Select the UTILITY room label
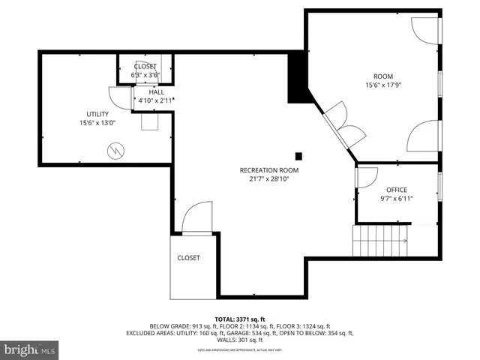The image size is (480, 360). pyautogui.click(x=98, y=114)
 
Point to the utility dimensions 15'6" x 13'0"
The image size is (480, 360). pyautogui.click(x=98, y=123)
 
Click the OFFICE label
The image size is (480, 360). pyautogui.click(x=397, y=190)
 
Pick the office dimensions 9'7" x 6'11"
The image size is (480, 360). pyautogui.click(x=397, y=199)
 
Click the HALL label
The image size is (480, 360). pyautogui.click(x=156, y=92)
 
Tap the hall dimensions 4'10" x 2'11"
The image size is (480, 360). pyautogui.click(x=156, y=100)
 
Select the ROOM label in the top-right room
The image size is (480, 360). pyautogui.click(x=383, y=76)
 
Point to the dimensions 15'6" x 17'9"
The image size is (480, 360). pyautogui.click(x=383, y=85)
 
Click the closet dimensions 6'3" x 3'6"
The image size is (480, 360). pyautogui.click(x=145, y=75)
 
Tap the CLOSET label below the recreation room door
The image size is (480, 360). pyautogui.click(x=188, y=258)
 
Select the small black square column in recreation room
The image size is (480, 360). pyautogui.click(x=298, y=156)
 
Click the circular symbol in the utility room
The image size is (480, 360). pyautogui.click(x=115, y=150)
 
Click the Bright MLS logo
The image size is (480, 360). pyautogui.click(x=30, y=349)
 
